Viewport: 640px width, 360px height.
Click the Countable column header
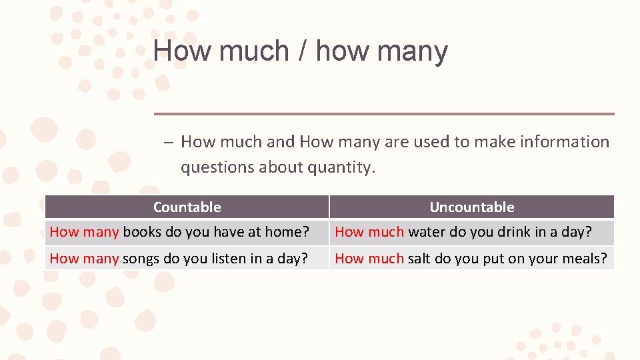point(187,207)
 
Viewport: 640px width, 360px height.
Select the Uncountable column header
point(471,207)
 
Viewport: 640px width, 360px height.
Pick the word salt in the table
point(419,259)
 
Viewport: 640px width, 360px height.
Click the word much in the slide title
point(251,51)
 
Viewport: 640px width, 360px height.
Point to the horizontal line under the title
point(384,114)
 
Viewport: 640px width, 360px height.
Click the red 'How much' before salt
point(369,259)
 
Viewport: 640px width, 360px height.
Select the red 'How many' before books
point(84,232)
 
